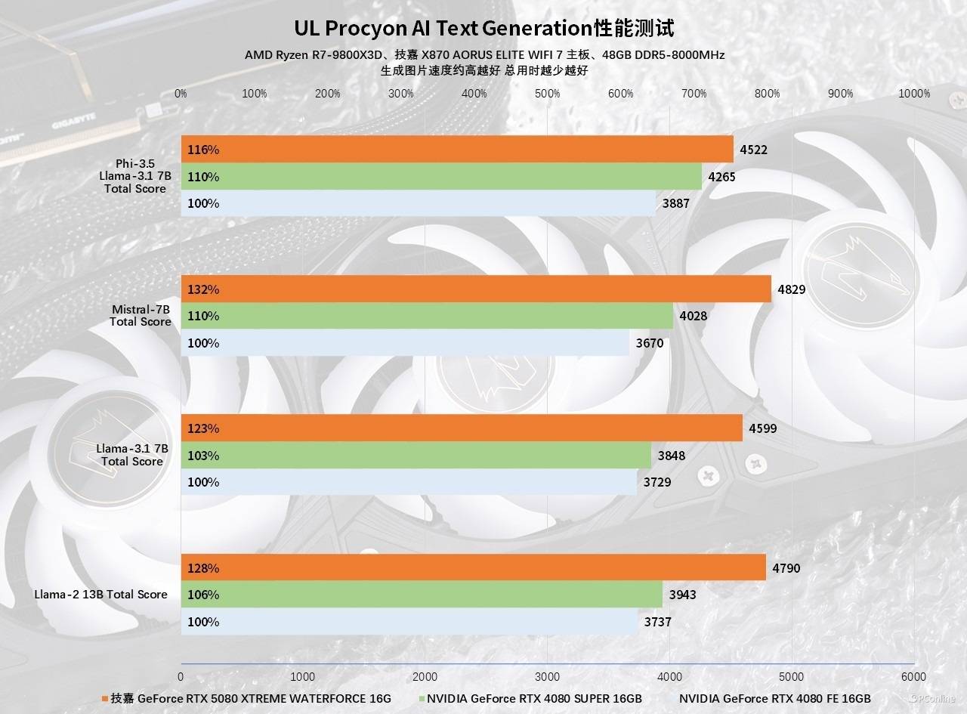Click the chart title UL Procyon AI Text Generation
tap(483, 29)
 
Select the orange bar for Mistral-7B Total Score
tap(476, 289)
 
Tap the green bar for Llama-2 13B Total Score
tap(422, 595)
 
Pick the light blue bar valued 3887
tap(418, 203)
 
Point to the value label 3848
tap(672, 456)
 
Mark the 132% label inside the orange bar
tap(203, 289)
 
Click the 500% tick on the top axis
tap(547, 94)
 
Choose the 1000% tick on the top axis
tap(914, 94)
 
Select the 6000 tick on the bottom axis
tap(913, 676)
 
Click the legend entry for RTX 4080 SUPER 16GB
tap(529, 699)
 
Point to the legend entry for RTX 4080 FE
tap(774, 699)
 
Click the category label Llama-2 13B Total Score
tap(100, 595)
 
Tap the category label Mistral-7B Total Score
tap(141, 316)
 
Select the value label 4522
tap(754, 150)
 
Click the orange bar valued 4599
tap(462, 428)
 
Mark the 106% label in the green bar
tap(203, 595)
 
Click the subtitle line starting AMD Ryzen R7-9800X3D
tap(484, 55)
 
